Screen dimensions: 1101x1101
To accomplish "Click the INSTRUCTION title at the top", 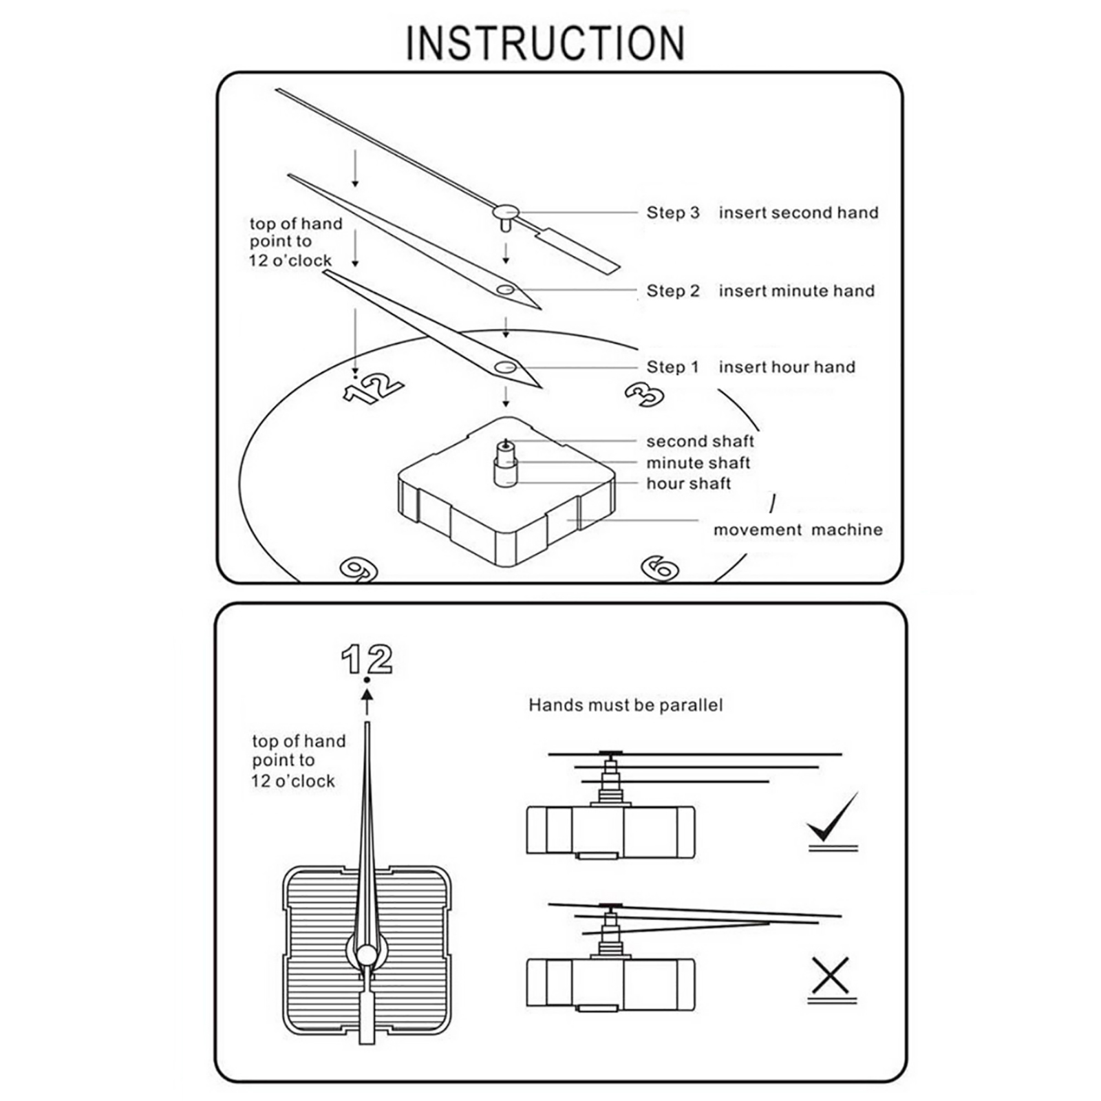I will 545,43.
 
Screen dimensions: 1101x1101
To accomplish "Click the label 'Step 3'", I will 672,213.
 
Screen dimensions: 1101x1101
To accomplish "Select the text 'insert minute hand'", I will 797,291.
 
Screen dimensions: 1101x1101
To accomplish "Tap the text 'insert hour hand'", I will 787,367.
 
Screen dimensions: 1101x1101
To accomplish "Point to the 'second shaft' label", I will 700,441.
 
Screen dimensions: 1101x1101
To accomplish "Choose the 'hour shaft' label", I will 688,484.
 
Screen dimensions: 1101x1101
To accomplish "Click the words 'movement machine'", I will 798,530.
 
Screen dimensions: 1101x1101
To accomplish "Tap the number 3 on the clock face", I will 645,395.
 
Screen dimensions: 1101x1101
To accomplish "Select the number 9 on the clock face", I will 359,569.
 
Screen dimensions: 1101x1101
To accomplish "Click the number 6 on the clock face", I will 660,569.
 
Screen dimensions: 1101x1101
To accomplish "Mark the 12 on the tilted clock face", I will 372,389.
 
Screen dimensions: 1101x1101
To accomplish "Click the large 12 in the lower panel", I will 367,659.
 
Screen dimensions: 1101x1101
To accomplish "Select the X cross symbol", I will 831,975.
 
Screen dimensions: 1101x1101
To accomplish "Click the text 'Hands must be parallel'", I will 626,705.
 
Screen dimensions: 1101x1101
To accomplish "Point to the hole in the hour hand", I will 505,367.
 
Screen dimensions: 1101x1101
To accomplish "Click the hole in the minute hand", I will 505,290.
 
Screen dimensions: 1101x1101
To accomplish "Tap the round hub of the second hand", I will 506,211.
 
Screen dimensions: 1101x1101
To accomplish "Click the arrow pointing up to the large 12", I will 367,702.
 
